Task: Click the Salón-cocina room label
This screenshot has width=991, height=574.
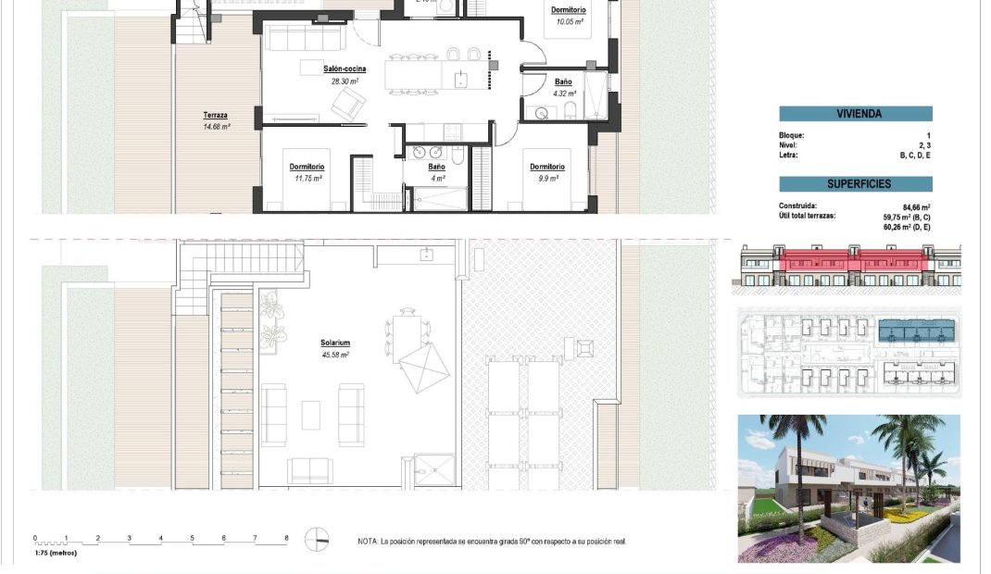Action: (345, 69)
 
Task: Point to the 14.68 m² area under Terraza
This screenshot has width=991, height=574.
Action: (217, 126)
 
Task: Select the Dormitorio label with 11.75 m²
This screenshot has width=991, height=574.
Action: (307, 167)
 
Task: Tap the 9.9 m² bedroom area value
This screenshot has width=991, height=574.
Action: (546, 178)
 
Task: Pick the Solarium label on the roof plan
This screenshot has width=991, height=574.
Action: (334, 343)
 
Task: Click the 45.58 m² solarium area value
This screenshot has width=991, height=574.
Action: (334, 355)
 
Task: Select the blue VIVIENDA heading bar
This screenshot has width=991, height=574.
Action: (855, 114)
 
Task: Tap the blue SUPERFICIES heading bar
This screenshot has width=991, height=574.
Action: (855, 184)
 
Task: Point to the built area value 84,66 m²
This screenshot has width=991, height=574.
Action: (915, 207)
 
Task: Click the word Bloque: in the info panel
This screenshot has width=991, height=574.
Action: (792, 136)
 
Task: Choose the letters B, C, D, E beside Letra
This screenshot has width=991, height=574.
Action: (913, 156)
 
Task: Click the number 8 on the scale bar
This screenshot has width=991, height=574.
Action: (286, 538)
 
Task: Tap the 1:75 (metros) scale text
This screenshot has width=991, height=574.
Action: (56, 553)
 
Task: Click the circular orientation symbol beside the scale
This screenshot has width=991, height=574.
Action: (317, 539)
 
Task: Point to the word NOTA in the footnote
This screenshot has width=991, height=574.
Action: (368, 542)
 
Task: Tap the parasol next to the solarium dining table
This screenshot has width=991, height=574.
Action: (423, 368)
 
